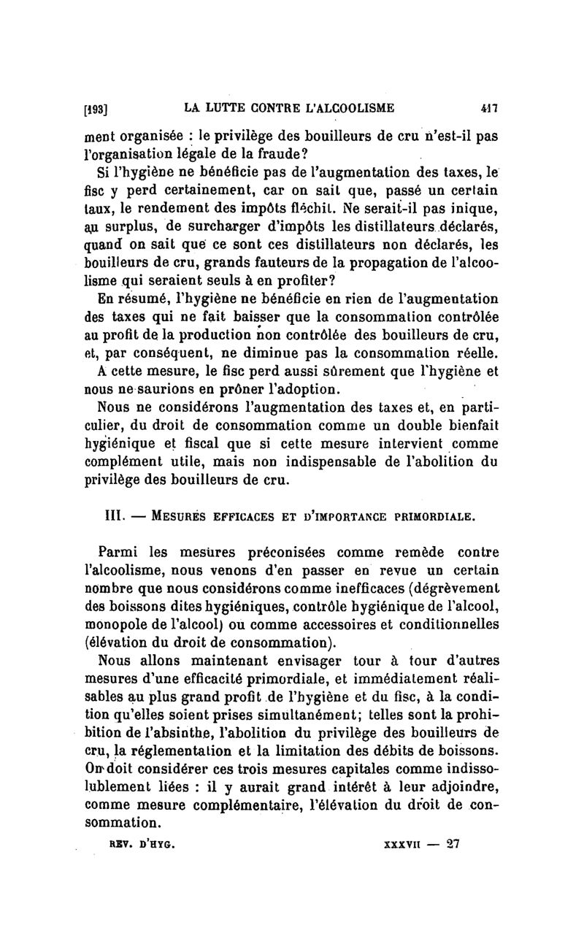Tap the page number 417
[488, 108]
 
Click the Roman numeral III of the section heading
[108, 516]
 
